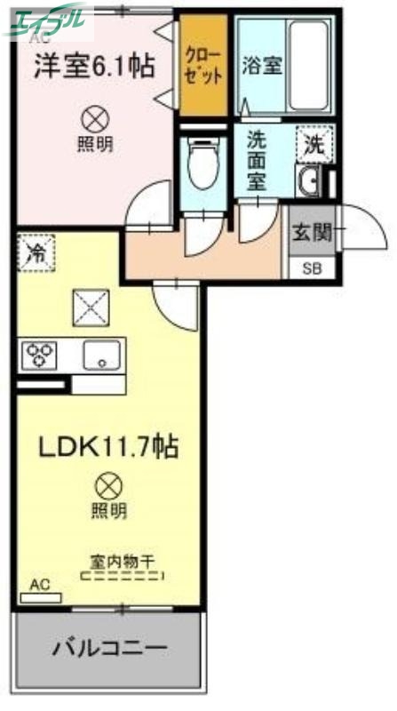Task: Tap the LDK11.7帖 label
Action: pos(107,445)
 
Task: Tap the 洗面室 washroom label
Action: pos(258,161)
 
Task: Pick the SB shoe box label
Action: pos(313,268)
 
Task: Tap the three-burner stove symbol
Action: pos(38,356)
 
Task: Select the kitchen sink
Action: pos(103,356)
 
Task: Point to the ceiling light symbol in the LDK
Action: pos(107,485)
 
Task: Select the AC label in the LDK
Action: pos(39,584)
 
